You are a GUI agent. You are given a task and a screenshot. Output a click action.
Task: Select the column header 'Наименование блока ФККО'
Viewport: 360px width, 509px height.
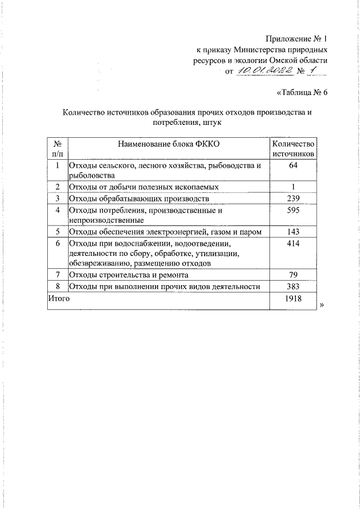(x=168, y=144)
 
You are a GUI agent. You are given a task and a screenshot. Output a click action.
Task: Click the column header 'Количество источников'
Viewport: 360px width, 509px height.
(x=292, y=148)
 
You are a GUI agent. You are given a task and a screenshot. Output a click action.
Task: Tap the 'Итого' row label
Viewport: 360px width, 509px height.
(x=59, y=299)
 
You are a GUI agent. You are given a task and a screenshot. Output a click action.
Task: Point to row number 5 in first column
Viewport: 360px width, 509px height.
(x=57, y=232)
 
